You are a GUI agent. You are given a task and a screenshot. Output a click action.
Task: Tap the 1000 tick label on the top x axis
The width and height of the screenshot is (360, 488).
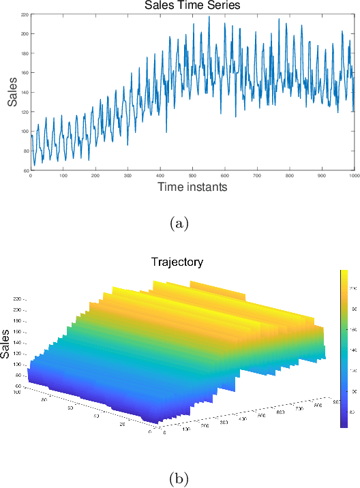tap(353, 176)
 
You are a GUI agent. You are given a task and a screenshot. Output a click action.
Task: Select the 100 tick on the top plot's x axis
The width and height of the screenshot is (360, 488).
tap(63, 176)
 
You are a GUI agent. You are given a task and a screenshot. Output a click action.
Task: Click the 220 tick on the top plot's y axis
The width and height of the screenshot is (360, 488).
tap(25, 14)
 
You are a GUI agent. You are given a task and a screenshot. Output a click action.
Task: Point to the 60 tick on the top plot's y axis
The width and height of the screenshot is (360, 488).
tap(25, 170)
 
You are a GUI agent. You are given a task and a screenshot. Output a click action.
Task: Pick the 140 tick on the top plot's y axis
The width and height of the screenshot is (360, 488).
tap(25, 93)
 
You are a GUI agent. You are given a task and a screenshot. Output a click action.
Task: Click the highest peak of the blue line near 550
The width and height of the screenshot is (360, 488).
tap(209, 17)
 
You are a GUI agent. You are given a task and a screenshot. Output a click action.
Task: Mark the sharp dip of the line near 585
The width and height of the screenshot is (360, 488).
tap(220, 114)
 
